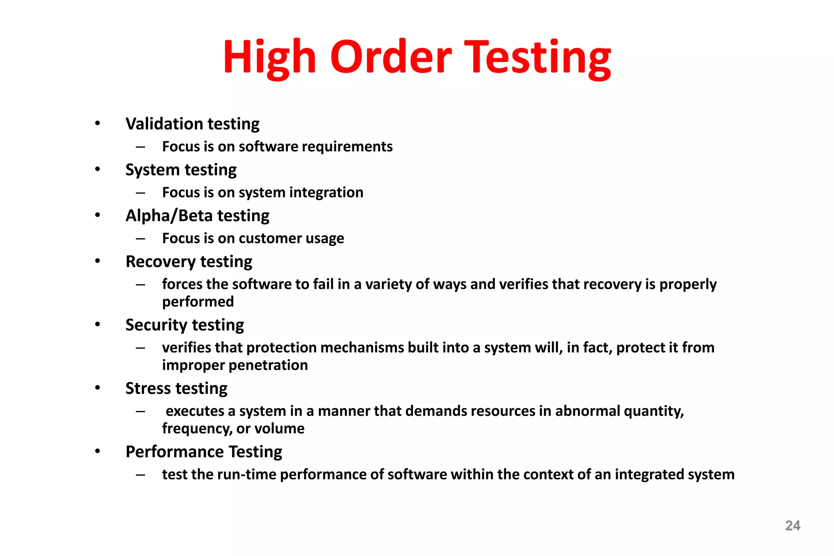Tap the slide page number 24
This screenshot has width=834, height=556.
pyautogui.click(x=792, y=525)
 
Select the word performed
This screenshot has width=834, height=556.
pyautogui.click(x=198, y=302)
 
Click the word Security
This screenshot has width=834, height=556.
pyautogui.click(x=156, y=325)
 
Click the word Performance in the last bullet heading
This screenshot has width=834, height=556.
pyautogui.click(x=175, y=452)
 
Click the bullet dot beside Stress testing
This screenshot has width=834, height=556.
pyautogui.click(x=97, y=388)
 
